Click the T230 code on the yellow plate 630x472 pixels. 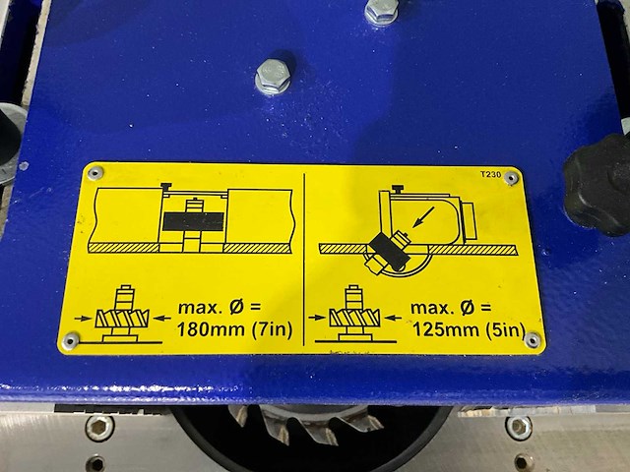[490, 174]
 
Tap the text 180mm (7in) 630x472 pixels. [234, 330]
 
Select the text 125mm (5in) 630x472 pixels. [469, 330]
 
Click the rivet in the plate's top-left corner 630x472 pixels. [95, 173]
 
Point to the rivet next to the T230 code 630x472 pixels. [511, 177]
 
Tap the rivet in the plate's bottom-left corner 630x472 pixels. [71, 341]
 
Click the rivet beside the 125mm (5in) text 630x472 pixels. [533, 340]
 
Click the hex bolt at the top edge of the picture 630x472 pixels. [381, 11]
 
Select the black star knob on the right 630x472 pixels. [598, 184]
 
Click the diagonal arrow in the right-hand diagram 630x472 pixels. [423, 216]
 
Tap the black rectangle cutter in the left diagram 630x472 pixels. [193, 221]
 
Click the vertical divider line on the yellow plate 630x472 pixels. [304, 260]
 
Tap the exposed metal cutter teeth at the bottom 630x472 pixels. [306, 424]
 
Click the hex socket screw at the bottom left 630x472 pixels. [99, 428]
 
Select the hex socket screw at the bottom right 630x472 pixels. [519, 428]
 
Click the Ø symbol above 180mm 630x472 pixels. [236, 308]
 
